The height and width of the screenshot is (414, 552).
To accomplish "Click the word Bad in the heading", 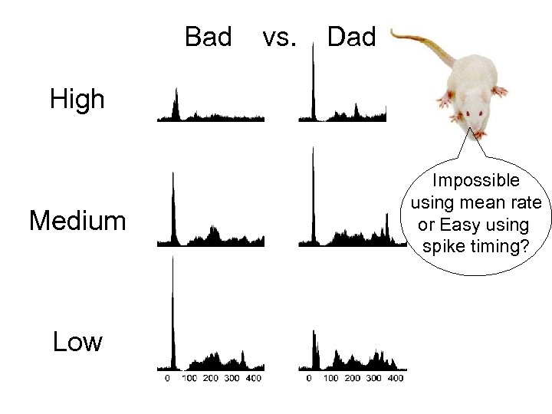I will click(x=209, y=37).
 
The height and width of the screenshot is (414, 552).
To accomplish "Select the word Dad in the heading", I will click(x=351, y=37).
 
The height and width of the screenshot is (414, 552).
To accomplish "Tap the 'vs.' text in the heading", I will click(x=279, y=37).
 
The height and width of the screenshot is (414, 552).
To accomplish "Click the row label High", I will click(x=77, y=100).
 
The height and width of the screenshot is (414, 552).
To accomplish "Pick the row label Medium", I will click(x=77, y=222).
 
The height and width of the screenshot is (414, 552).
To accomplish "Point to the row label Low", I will click(x=77, y=342).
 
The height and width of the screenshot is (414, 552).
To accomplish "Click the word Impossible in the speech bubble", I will click(x=475, y=182).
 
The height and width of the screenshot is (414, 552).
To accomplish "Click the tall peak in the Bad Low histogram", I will click(x=173, y=307).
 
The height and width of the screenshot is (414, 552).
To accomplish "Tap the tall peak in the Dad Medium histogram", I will click(x=313, y=192).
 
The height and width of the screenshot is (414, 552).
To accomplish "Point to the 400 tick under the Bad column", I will click(x=252, y=378).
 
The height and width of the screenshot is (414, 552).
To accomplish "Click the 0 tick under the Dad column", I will click(x=309, y=378).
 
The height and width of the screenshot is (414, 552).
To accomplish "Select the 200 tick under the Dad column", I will click(x=352, y=378).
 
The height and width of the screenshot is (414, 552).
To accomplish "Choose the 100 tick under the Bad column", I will click(x=189, y=378).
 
